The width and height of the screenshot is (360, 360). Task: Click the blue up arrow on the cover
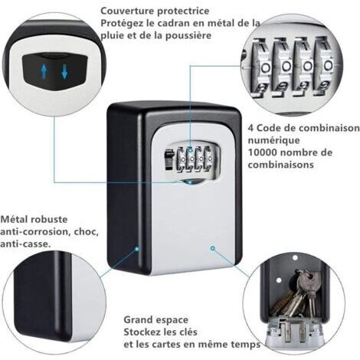tap(44, 71)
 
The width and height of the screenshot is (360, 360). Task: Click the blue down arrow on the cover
tap(64, 72)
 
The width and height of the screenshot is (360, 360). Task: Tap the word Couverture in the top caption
tap(126, 11)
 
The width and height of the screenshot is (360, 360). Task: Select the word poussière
tap(188, 35)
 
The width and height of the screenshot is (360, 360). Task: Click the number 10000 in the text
tap(263, 152)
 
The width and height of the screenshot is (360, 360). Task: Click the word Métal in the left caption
tap(15, 219)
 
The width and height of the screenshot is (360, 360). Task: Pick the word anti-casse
tap(25, 244)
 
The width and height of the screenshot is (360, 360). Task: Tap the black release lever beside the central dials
tap(168, 160)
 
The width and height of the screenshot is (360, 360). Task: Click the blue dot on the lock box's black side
tap(137, 248)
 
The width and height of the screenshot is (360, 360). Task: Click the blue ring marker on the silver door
tap(212, 248)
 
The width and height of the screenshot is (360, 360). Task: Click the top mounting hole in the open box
tap(295, 257)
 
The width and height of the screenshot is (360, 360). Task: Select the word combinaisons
tap(280, 165)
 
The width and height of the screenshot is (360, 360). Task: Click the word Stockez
tap(142, 332)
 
